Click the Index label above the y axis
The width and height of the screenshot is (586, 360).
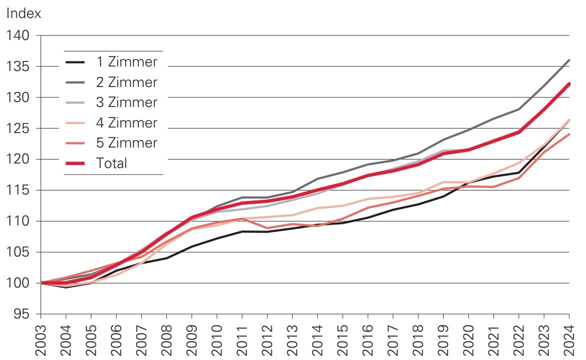pyautogui.click(x=23, y=13)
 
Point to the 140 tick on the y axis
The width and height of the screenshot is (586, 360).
pyautogui.click(x=18, y=35)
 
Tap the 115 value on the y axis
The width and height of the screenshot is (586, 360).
pyautogui.click(x=18, y=190)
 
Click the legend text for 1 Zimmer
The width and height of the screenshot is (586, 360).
pyautogui.click(x=126, y=62)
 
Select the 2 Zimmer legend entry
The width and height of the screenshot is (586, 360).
pyautogui.click(x=126, y=82)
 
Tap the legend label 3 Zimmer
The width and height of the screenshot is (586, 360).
pyautogui.click(x=126, y=102)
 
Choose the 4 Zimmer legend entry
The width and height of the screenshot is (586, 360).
pyautogui.click(x=126, y=123)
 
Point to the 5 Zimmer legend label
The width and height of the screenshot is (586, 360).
pyautogui.click(x=126, y=143)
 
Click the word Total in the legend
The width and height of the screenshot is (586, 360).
pyautogui.click(x=112, y=163)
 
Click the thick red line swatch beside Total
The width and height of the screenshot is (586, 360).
pyautogui.click(x=75, y=163)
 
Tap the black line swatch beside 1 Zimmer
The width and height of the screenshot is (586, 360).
pyautogui.click(x=75, y=62)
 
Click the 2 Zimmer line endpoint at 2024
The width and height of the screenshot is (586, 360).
pyautogui.click(x=569, y=60)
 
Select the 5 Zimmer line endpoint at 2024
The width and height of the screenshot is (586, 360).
pyautogui.click(x=569, y=134)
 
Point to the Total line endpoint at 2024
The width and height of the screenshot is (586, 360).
pyautogui.click(x=569, y=84)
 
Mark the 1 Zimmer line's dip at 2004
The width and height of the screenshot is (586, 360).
pyautogui.click(x=66, y=287)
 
